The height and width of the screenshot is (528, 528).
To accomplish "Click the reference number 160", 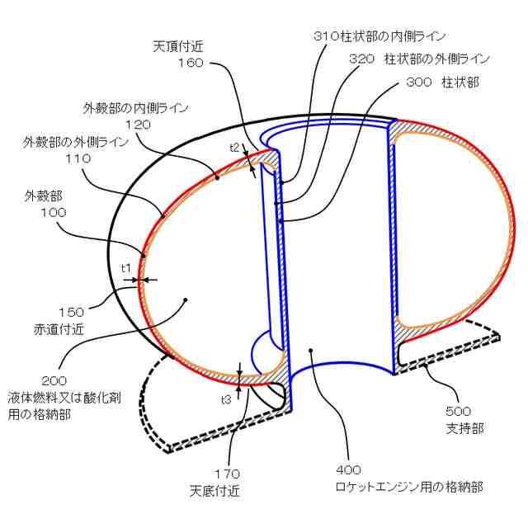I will (190, 62).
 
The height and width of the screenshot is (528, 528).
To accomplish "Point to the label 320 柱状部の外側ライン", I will (419, 59).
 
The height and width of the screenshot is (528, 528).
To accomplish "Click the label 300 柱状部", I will (443, 83).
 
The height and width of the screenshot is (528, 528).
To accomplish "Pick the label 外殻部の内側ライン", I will (136, 108).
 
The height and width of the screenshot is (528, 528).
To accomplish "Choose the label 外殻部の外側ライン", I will (77, 142).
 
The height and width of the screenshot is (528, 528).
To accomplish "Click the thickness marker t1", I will (126, 267).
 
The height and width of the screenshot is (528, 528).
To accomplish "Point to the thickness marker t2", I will (234, 147).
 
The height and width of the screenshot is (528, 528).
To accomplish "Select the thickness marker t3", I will (225, 399).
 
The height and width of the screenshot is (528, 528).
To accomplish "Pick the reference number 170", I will (227, 474).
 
